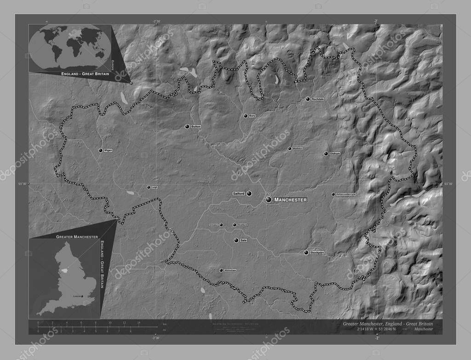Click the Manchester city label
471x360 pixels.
290,200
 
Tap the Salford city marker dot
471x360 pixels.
249,194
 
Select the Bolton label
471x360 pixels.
195,126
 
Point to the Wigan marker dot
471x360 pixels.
100,150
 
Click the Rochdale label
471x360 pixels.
318,99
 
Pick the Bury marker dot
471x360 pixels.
246,116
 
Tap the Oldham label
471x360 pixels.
335,154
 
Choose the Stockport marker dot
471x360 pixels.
306,252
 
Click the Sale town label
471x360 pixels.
244,240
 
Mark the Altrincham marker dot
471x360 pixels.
221,270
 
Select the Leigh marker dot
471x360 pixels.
148,187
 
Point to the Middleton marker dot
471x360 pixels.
289,149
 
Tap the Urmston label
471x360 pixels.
213,225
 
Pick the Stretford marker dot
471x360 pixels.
234,225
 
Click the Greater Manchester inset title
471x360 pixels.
77,236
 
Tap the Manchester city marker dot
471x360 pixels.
269,200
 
